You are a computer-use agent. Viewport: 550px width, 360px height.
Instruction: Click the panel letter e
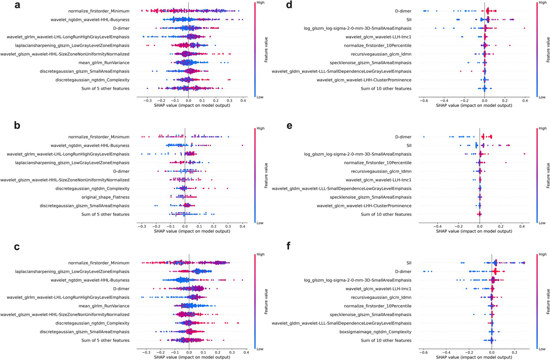tap(290, 126)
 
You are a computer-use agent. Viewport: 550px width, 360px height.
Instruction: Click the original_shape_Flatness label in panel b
tap(105, 197)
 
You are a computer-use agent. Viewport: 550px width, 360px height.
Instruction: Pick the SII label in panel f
tap(409, 263)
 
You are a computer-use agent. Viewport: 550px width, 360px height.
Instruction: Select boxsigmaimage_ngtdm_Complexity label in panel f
tap(375, 332)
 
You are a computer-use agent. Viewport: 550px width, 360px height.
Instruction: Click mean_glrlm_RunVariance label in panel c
tap(104, 306)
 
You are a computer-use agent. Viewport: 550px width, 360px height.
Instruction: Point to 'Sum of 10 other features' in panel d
tap(386, 89)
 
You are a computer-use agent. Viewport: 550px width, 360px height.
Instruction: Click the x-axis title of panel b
tap(192, 231)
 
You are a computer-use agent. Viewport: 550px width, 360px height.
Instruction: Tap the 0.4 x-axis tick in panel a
tap(243, 100)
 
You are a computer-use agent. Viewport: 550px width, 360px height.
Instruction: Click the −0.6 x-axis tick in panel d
tap(423, 100)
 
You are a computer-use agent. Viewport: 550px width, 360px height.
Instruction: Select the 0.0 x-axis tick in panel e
tap(479, 226)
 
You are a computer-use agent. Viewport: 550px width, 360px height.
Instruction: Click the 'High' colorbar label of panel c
tap(260, 254)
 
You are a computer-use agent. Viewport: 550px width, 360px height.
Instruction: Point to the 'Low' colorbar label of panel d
tap(542, 97)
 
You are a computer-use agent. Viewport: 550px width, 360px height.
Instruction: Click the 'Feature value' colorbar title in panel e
tap(548, 175)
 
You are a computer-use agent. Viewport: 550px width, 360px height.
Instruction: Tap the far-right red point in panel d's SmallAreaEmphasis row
tap(524, 28)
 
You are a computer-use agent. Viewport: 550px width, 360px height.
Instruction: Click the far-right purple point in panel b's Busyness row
tap(243, 145)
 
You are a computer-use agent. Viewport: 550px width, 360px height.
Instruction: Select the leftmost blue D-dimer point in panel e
tap(424, 137)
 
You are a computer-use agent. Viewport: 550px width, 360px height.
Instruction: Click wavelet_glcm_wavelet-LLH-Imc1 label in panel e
tap(378, 180)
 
